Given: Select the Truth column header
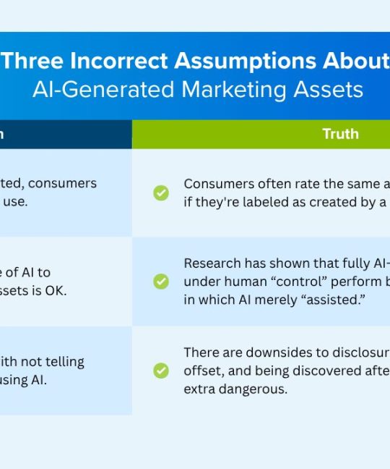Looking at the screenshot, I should point(339,134).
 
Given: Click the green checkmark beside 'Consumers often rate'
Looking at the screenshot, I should point(161,193).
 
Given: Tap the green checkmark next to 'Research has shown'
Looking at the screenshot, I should point(161,282).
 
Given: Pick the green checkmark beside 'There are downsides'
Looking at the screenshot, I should point(161,371).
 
